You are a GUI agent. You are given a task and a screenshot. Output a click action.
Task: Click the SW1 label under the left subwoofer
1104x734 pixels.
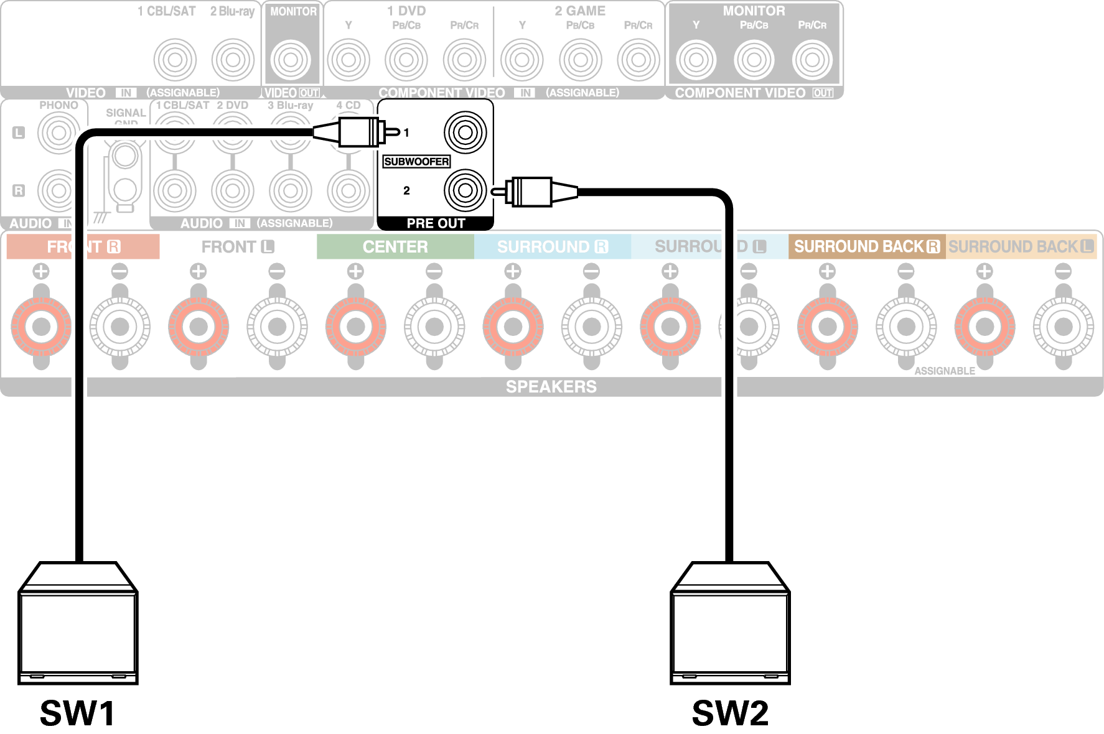[x=77, y=713]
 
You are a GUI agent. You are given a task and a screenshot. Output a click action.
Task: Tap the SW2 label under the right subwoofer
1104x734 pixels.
[x=730, y=713]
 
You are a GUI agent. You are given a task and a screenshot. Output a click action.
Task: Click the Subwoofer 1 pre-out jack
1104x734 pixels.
[x=465, y=132]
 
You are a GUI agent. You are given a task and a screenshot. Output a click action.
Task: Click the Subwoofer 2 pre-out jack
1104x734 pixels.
[x=465, y=190]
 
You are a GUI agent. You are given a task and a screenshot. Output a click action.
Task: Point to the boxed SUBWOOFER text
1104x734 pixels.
[x=416, y=162]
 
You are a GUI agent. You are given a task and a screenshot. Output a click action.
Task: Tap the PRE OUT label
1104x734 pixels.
[x=436, y=223]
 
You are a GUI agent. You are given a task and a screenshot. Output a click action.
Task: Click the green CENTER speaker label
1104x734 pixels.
[x=395, y=247]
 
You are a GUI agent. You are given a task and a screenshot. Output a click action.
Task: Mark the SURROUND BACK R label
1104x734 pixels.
[x=866, y=247]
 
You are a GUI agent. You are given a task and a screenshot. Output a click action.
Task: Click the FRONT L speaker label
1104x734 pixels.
[x=238, y=247]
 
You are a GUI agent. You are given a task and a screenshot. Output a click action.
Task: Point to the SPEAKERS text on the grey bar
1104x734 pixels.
[x=551, y=387]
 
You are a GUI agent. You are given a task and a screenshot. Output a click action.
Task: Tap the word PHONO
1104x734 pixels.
[x=58, y=105]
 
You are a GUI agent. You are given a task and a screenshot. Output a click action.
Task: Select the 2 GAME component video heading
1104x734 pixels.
[x=580, y=11]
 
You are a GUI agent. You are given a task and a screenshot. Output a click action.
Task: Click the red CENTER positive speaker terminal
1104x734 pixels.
[x=355, y=326]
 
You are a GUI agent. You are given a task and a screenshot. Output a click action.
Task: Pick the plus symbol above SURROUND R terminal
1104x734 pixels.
[x=513, y=271]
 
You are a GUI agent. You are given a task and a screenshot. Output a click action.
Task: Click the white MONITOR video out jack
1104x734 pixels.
[x=291, y=60]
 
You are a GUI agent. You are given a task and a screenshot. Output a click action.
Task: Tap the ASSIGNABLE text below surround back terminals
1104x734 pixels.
[x=944, y=371]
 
